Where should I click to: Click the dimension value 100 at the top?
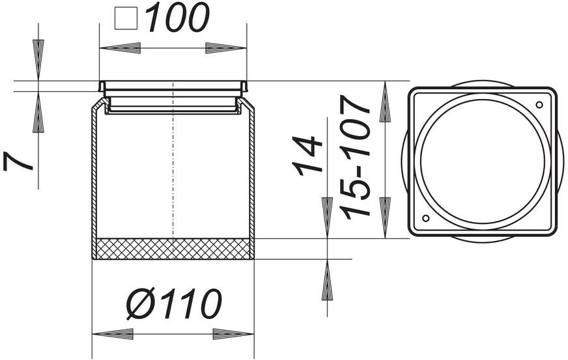(177, 18)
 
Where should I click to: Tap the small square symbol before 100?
(126, 19)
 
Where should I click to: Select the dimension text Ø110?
(174, 304)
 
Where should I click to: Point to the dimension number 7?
(18, 161)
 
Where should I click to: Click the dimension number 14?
(307, 156)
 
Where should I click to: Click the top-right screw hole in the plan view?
(539, 105)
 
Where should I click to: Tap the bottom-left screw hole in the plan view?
(426, 218)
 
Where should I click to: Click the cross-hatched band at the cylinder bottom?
(173, 249)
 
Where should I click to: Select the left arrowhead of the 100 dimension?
(120, 48)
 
